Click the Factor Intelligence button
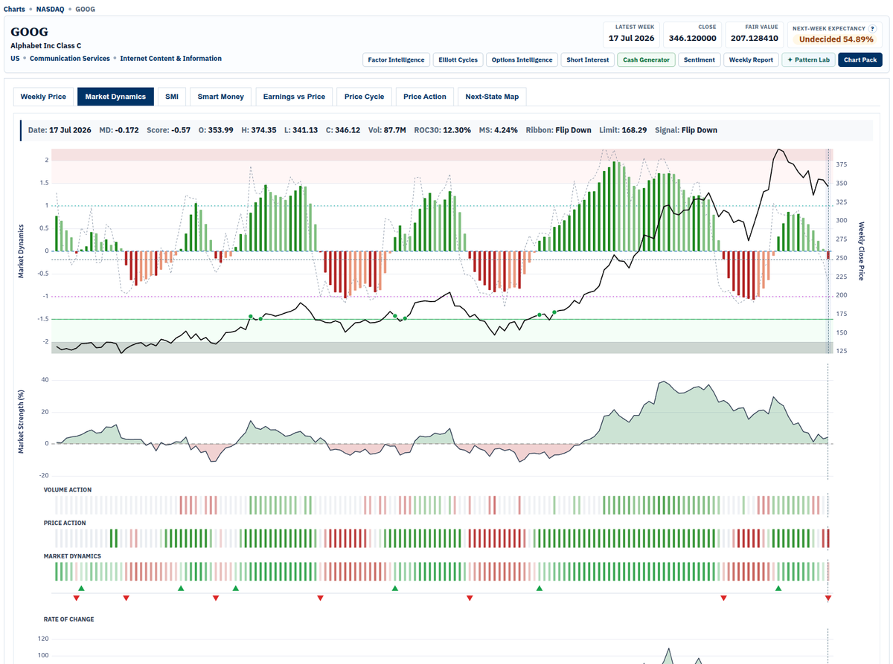(396, 59)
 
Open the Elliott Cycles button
(458, 59)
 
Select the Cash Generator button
(646, 59)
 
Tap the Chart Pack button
(860, 59)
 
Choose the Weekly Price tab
(43, 97)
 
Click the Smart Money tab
(220, 97)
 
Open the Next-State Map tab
(492, 97)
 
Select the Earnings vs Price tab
(294, 97)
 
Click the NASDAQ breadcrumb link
(50, 9)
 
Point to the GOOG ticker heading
(29, 31)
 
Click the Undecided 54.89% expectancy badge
(836, 39)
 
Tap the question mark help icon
(872, 28)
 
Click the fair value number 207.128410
(754, 38)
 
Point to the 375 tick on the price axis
(841, 164)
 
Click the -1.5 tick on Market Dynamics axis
(43, 319)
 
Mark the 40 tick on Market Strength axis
(45, 379)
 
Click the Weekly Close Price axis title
(861, 251)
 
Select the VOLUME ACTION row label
(67, 490)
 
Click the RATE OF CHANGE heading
(68, 619)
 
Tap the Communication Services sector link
(70, 58)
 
